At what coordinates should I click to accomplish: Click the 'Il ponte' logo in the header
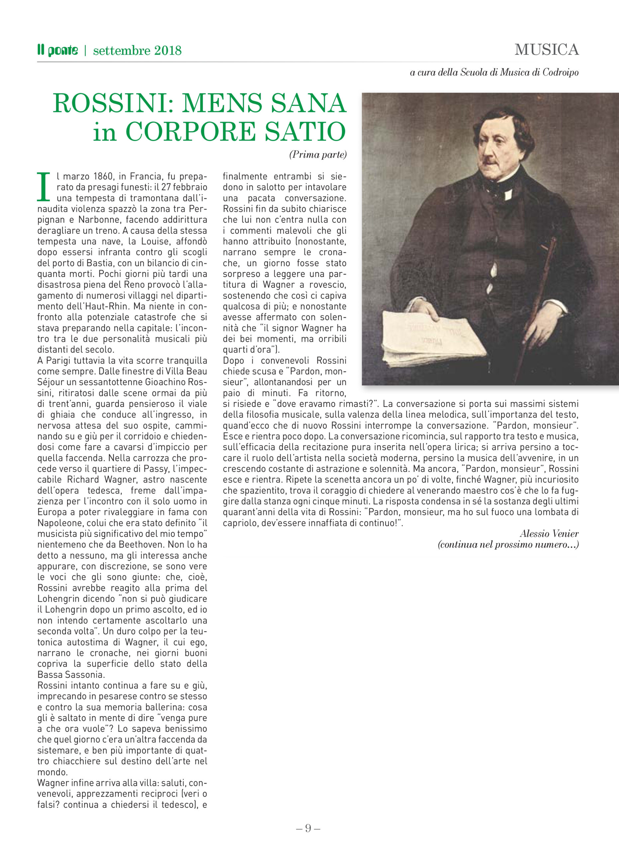[x=58, y=50]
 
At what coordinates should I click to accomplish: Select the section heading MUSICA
[x=547, y=50]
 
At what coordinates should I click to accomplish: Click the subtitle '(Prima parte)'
[x=318, y=155]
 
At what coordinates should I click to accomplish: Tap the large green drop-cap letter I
[x=44, y=186]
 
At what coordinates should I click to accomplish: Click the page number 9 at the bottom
[x=308, y=828]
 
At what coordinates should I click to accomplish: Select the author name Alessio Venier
[x=549, y=534]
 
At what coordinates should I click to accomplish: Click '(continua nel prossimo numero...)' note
[x=508, y=545]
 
